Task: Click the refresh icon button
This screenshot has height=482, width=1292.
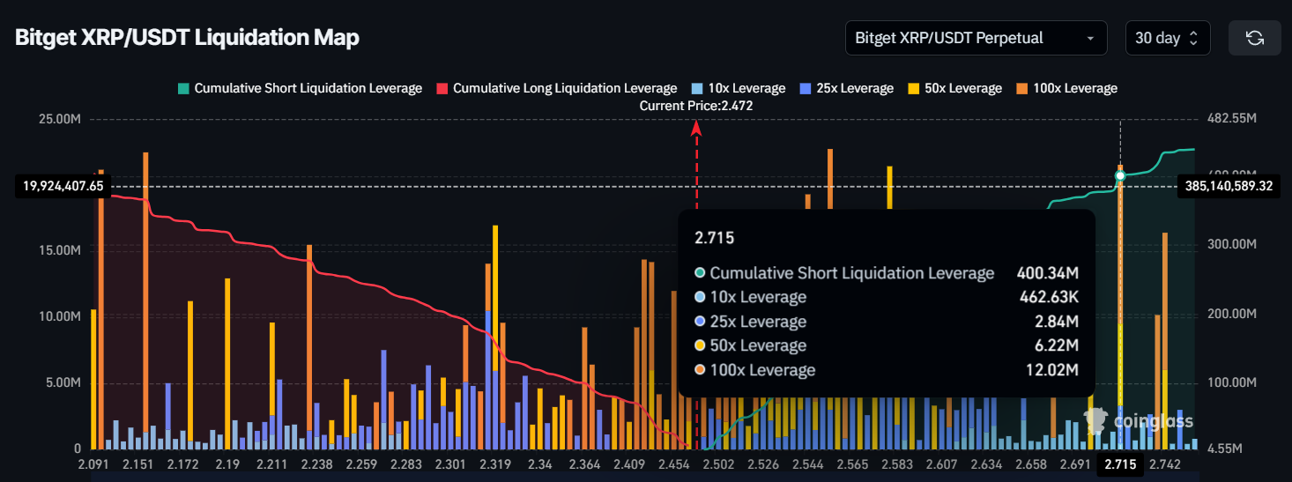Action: pyautogui.click(x=1254, y=38)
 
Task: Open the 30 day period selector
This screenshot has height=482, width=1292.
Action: pyautogui.click(x=1167, y=38)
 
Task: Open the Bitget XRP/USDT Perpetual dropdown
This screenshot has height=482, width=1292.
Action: pyautogui.click(x=976, y=38)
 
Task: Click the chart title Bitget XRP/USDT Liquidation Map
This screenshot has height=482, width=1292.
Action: pyautogui.click(x=187, y=39)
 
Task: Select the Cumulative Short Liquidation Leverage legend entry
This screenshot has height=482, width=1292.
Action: pyautogui.click(x=300, y=88)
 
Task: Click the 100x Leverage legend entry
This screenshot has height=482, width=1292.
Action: pyautogui.click(x=1069, y=88)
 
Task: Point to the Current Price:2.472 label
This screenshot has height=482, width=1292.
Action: pyautogui.click(x=696, y=105)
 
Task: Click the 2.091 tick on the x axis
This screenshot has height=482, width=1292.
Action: pyautogui.click(x=93, y=464)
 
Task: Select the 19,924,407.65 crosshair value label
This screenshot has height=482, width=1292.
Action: pyautogui.click(x=59, y=186)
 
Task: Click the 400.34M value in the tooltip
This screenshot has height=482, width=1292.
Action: pyautogui.click(x=1049, y=273)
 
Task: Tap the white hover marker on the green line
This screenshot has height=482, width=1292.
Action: pyautogui.click(x=1120, y=176)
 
